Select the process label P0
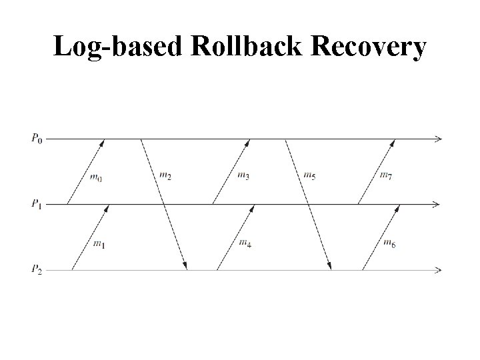pos(37,139)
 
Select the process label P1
pos(37,204)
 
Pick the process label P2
pos(37,269)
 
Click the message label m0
pos(95,177)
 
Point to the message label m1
pos(98,245)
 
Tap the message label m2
pos(165,176)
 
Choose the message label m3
pos(243,175)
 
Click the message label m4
pos(245,242)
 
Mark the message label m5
pos(309,176)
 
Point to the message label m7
pos(385,175)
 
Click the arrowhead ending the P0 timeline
pos(437,139)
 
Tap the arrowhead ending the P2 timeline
pos(437,270)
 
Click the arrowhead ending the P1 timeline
pos(437,204)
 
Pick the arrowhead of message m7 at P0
pos(393,143)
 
